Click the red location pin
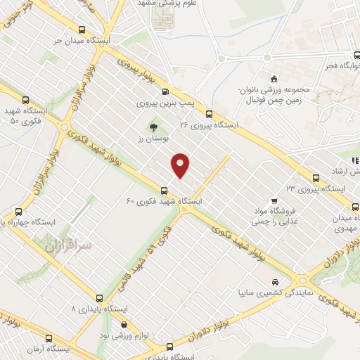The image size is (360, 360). click(x=181, y=165)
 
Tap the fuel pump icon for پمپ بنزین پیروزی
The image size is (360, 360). click(x=165, y=91)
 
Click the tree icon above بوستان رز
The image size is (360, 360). click(x=152, y=127)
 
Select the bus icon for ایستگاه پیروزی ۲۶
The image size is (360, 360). click(x=209, y=113)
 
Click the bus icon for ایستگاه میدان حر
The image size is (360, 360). click(x=83, y=30)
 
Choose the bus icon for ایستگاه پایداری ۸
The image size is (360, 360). click(x=100, y=297)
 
